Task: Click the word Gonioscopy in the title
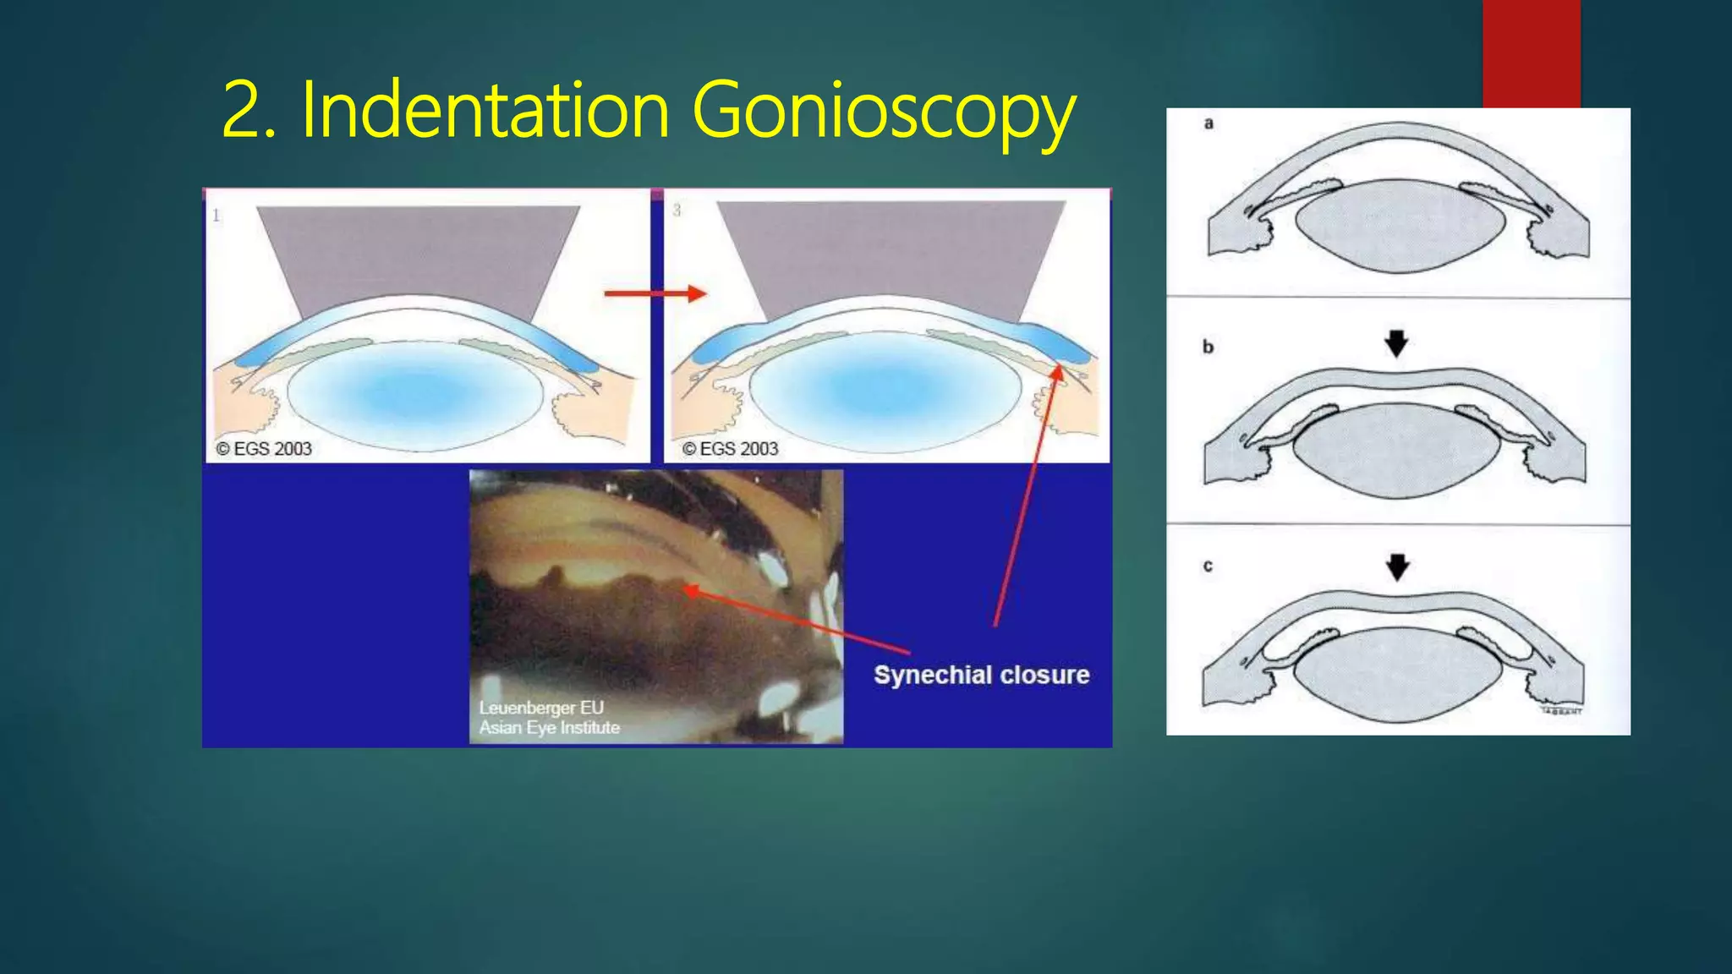click(x=884, y=111)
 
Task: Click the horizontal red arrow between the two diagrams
click(x=655, y=293)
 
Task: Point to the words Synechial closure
click(x=981, y=675)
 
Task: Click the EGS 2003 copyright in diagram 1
click(x=264, y=449)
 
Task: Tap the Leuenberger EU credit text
click(x=541, y=708)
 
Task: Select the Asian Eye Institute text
click(x=549, y=727)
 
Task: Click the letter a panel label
click(x=1209, y=123)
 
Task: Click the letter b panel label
click(x=1208, y=347)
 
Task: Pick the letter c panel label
click(x=1208, y=566)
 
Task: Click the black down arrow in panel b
click(x=1396, y=343)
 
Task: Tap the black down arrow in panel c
click(x=1397, y=566)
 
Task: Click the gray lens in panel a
click(x=1400, y=227)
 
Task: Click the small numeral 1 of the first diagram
click(x=216, y=216)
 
